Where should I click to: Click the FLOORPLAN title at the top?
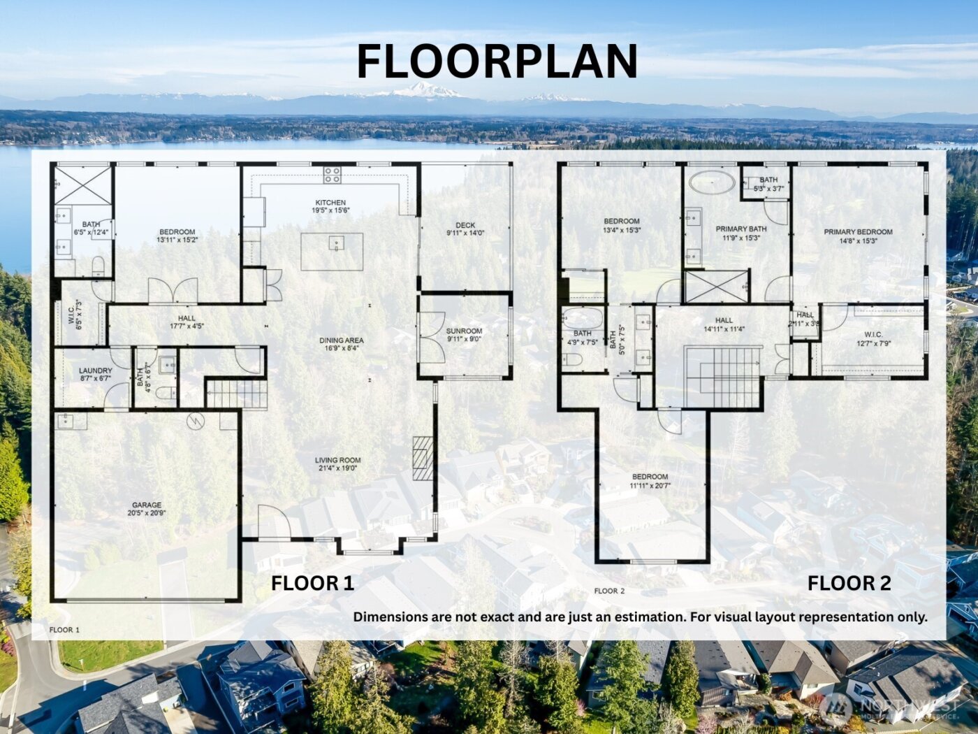click(497, 62)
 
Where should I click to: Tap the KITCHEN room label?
click(330, 203)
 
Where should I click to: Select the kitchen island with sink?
click(332, 251)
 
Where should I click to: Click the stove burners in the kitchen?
click(332, 175)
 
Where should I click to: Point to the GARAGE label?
click(147, 505)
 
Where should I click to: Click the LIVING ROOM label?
click(338, 461)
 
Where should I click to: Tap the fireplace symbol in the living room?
click(423, 458)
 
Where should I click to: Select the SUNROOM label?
click(464, 331)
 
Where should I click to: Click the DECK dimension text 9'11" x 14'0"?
click(465, 233)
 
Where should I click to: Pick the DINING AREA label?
click(342, 340)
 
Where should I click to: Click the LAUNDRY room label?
click(96, 370)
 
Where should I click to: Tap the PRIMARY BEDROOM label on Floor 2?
click(858, 232)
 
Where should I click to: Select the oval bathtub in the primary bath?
click(712, 183)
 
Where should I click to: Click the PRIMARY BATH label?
click(741, 229)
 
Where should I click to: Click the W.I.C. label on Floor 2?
click(873, 335)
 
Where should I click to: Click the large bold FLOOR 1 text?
click(312, 583)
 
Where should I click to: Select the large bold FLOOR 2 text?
click(849, 583)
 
